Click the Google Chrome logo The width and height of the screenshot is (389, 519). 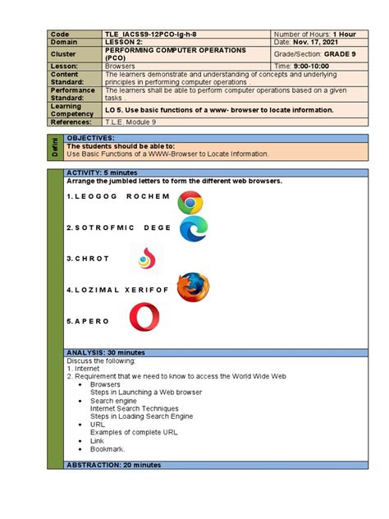tap(190, 203)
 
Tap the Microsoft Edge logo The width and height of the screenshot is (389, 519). tap(194, 228)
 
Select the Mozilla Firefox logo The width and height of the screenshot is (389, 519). tap(193, 287)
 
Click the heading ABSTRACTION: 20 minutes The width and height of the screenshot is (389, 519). tap(112, 465)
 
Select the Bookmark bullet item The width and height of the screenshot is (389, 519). tap(108, 449)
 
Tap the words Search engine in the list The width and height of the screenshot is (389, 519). tap(113, 400)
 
